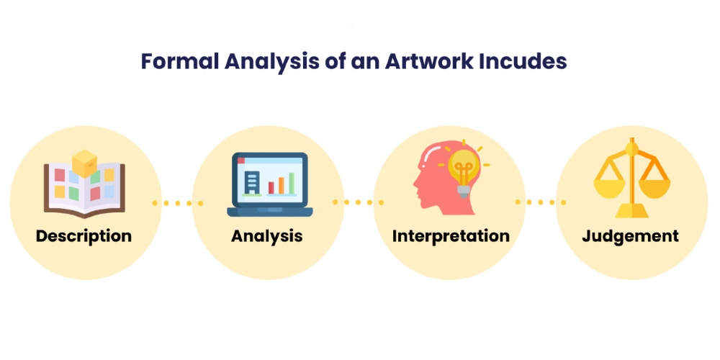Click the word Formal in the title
click(179, 61)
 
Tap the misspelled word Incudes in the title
click(523, 61)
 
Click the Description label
click(84, 235)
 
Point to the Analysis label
click(266, 235)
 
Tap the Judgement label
click(631, 235)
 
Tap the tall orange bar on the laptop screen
click(291, 182)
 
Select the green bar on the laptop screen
click(281, 185)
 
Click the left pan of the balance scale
click(608, 189)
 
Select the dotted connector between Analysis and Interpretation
click(358, 203)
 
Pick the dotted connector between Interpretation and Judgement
click(541, 203)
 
